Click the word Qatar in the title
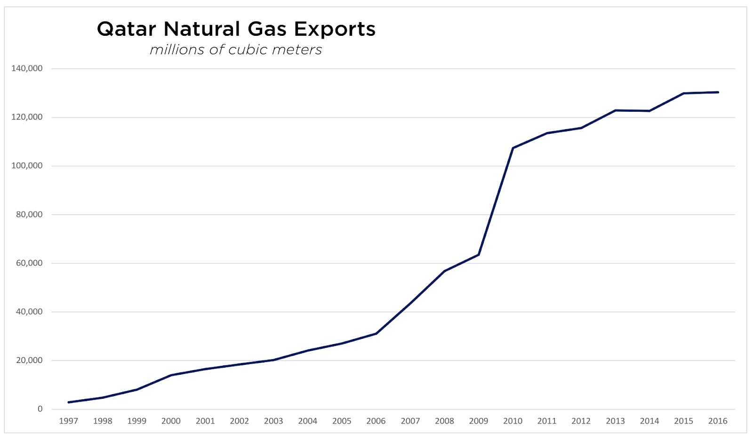coord(126,29)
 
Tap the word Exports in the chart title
coord(335,29)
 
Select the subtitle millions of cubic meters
coord(236,49)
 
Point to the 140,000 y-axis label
coord(27,68)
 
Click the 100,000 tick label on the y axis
coord(27,166)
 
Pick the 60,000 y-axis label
coord(29,263)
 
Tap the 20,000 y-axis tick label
coord(29,361)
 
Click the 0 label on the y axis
coord(40,409)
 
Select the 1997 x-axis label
coord(68,421)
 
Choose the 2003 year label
coord(273,421)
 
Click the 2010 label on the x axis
coord(513,421)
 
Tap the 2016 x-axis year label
coord(718,421)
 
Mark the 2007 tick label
coord(410,421)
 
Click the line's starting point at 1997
coord(69,402)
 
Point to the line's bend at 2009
coord(479,255)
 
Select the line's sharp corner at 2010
coord(513,148)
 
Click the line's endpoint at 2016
coord(718,92)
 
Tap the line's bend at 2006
coord(376,334)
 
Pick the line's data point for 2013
coord(615,110)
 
